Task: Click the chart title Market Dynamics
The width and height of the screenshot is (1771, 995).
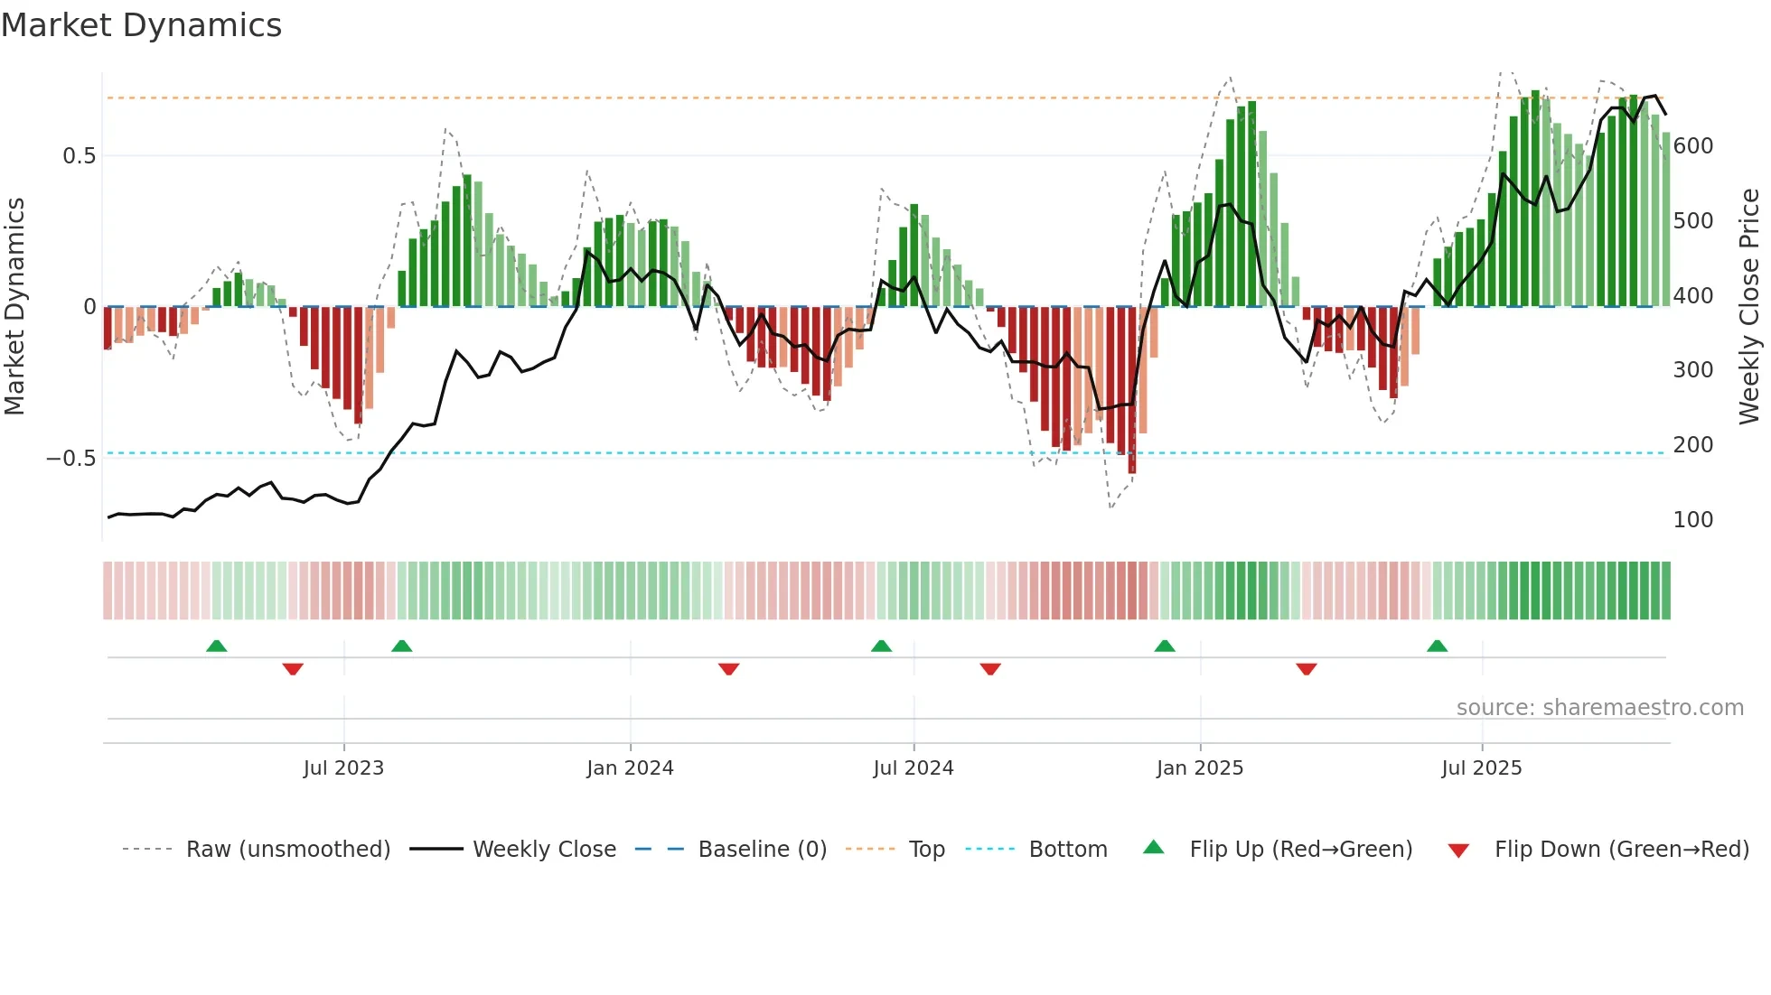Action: click(x=141, y=25)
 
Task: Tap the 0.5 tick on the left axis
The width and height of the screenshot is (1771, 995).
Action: click(x=79, y=156)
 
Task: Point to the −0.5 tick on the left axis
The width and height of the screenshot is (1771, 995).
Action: click(x=70, y=459)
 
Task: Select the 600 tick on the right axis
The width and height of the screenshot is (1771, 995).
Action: click(x=1693, y=146)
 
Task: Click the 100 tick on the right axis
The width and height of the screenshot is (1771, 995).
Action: click(x=1693, y=520)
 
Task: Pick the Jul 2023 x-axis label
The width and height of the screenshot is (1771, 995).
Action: click(x=343, y=768)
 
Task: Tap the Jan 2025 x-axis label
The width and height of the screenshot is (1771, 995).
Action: click(x=1199, y=768)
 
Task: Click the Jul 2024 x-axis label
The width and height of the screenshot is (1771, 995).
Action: click(x=913, y=768)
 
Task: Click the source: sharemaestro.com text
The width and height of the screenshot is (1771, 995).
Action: click(x=1599, y=708)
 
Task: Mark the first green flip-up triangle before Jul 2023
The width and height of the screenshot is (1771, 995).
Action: click(x=216, y=646)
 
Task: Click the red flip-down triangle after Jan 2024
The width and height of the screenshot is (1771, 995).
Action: click(x=728, y=669)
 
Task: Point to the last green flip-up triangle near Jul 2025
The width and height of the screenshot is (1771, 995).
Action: click(x=1437, y=646)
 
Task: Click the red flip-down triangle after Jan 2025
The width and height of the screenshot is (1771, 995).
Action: click(x=1306, y=669)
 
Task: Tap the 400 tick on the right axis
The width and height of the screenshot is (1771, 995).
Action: click(x=1693, y=296)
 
